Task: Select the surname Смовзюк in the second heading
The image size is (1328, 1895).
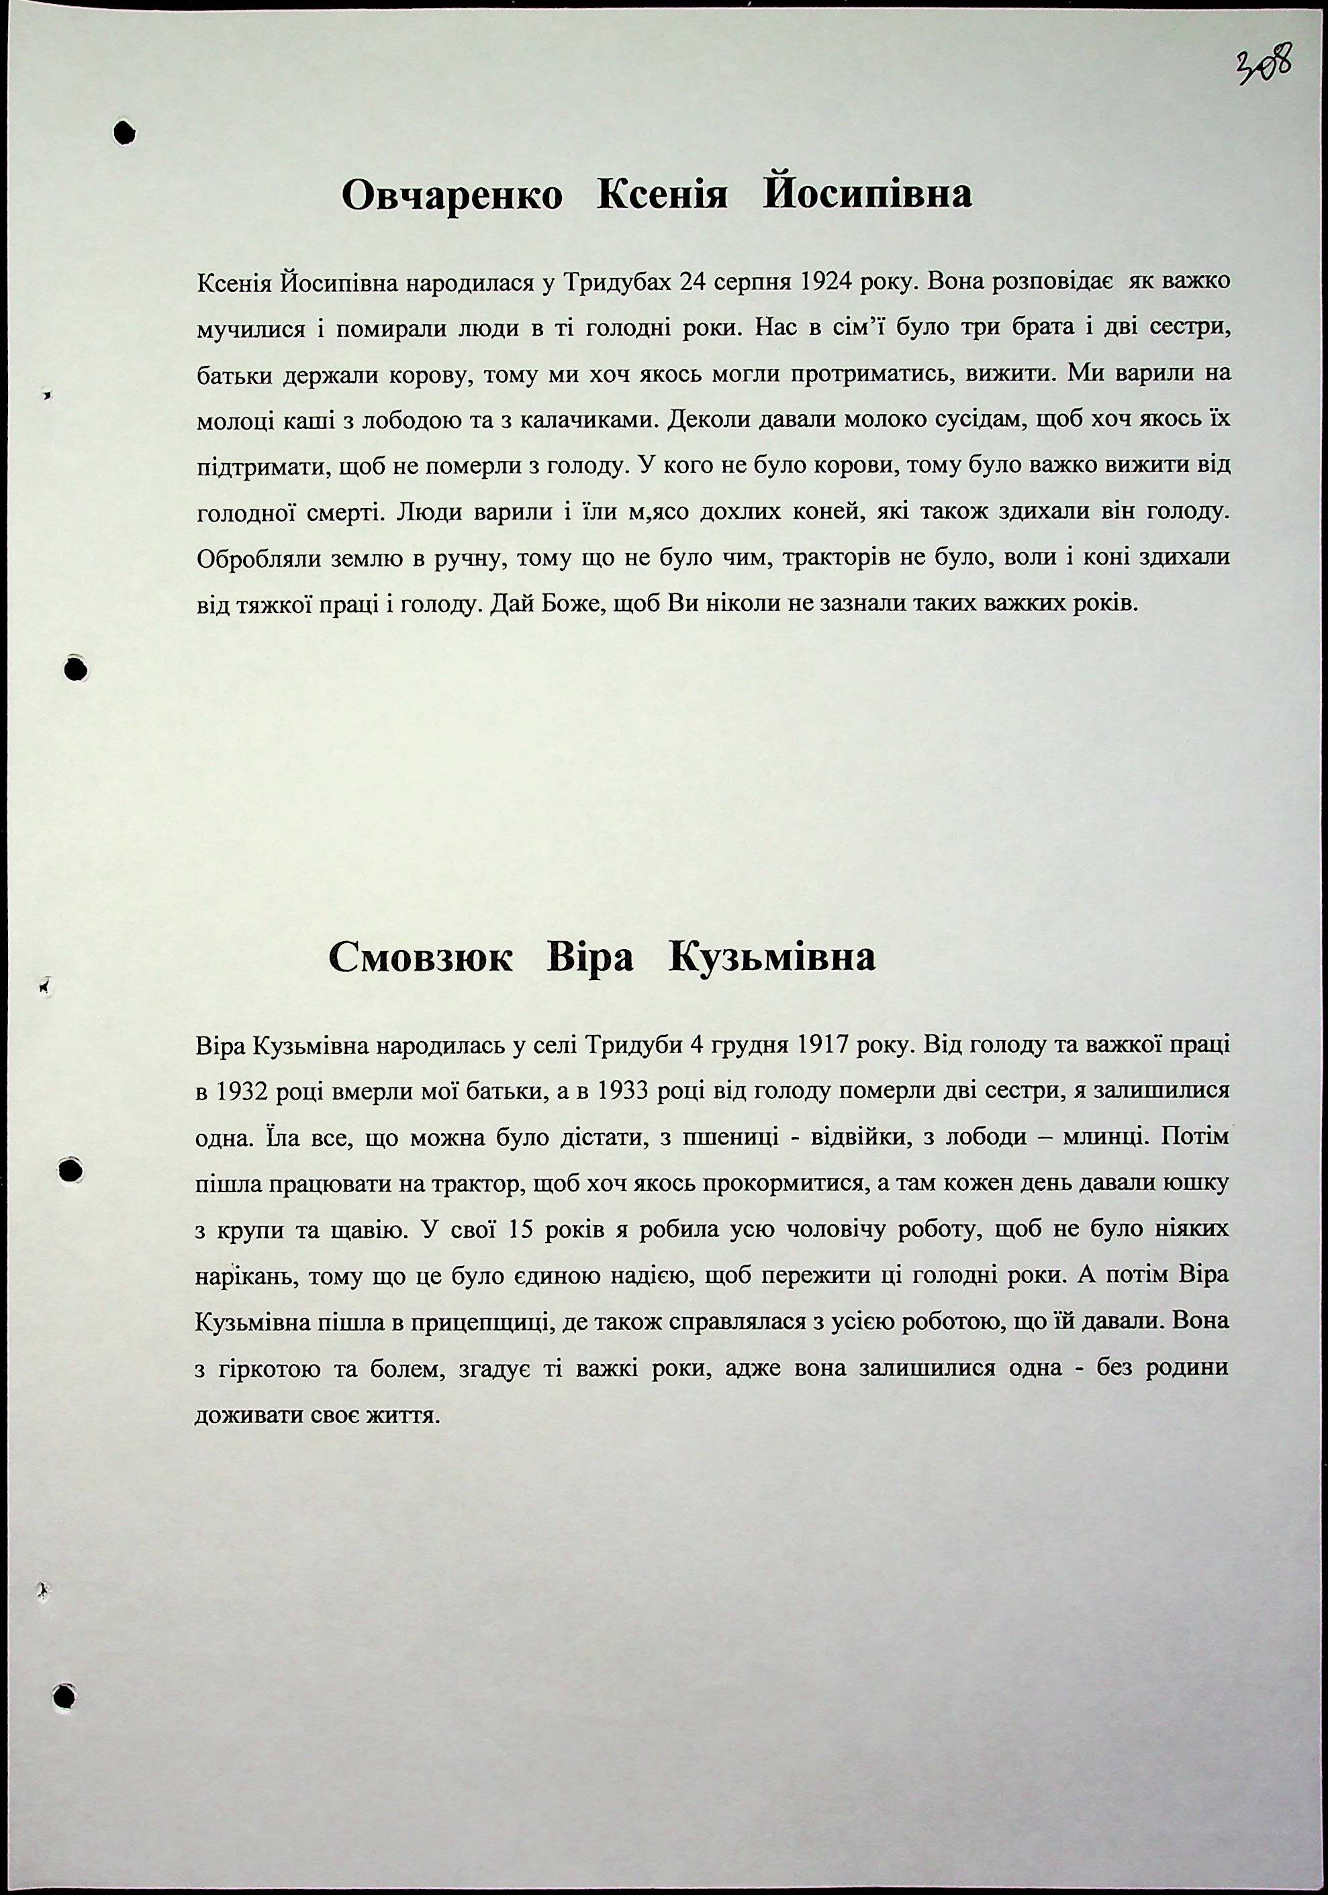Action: (x=420, y=958)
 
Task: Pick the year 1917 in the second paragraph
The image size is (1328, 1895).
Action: (x=824, y=1047)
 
